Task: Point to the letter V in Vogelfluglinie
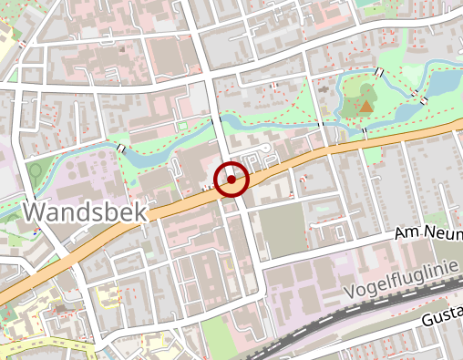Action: click(353, 294)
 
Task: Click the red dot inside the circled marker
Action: click(231, 180)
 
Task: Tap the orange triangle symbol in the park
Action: click(365, 107)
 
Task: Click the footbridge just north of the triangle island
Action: click(378, 72)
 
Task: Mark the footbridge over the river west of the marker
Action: click(121, 149)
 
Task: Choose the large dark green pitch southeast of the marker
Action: click(283, 229)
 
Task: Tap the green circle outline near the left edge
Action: click(36, 170)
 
